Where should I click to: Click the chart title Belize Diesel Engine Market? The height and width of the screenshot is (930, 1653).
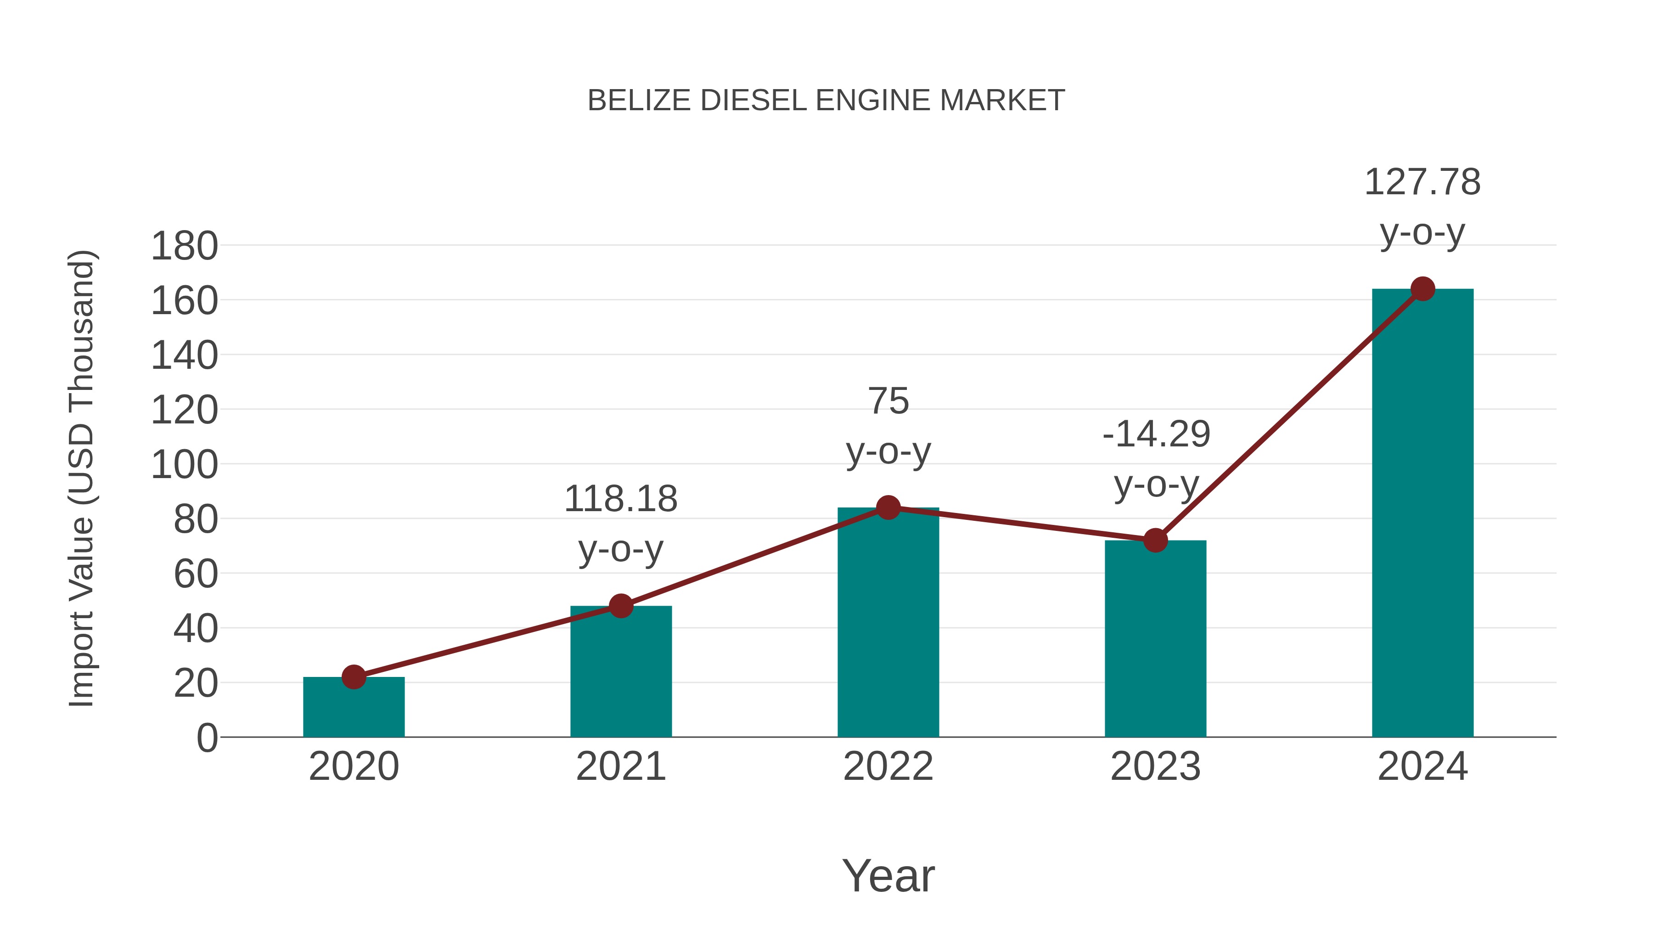pyautogui.click(x=826, y=101)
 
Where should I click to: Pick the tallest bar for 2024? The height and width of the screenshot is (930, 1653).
pyautogui.click(x=1422, y=513)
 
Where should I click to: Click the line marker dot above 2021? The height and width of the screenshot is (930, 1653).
pyautogui.click(x=620, y=605)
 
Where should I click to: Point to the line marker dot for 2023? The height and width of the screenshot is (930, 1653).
pyautogui.click(x=1155, y=541)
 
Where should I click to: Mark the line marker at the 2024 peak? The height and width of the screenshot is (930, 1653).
pyautogui.click(x=1422, y=289)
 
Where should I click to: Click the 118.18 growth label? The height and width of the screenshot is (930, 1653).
pyautogui.click(x=620, y=499)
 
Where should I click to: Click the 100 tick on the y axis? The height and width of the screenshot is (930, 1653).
pyautogui.click(x=184, y=465)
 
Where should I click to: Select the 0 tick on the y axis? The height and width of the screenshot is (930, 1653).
pyautogui.click(x=207, y=738)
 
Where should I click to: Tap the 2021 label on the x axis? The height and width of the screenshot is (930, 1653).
pyautogui.click(x=620, y=767)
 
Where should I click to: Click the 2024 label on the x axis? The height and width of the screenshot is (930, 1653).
pyautogui.click(x=1422, y=767)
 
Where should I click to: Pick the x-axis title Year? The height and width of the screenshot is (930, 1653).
pyautogui.click(x=888, y=875)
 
